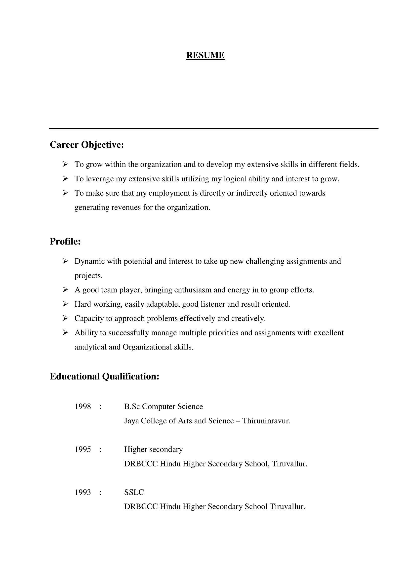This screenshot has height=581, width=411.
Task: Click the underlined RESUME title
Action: coord(205,55)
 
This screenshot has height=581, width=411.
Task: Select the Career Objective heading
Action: coord(87,145)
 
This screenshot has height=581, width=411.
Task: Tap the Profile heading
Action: coord(65,241)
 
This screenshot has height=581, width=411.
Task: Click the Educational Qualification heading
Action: coord(104,376)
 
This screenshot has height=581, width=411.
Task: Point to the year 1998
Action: coord(82,407)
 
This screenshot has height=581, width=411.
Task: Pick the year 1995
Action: coord(82,449)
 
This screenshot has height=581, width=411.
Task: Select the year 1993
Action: coord(82,492)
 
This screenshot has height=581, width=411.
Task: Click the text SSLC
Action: coord(134,492)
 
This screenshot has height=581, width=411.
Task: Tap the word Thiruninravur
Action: coord(266,421)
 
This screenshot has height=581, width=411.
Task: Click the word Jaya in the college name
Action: coord(131,421)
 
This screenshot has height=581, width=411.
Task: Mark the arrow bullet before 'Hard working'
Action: coord(65,304)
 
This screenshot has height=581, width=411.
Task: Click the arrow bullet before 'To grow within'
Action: coord(65,164)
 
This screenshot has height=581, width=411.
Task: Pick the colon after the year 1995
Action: coord(100,449)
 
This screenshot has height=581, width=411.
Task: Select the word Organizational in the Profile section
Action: coord(147,347)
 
